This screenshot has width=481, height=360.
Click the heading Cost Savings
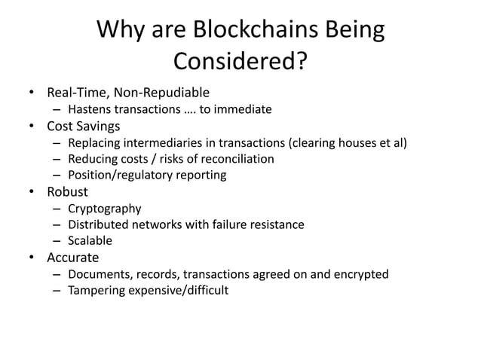coord(84,126)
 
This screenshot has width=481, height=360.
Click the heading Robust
coord(68,191)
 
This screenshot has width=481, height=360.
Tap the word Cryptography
coord(104,208)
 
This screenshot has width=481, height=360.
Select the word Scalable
coord(90,241)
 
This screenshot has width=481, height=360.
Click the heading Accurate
coord(73,258)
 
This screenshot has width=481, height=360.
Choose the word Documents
coord(98,274)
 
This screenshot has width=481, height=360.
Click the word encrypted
coord(362,274)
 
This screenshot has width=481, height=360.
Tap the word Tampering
coord(97,291)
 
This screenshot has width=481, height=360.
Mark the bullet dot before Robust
coord(32,192)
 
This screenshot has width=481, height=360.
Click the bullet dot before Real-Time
coord(32,94)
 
